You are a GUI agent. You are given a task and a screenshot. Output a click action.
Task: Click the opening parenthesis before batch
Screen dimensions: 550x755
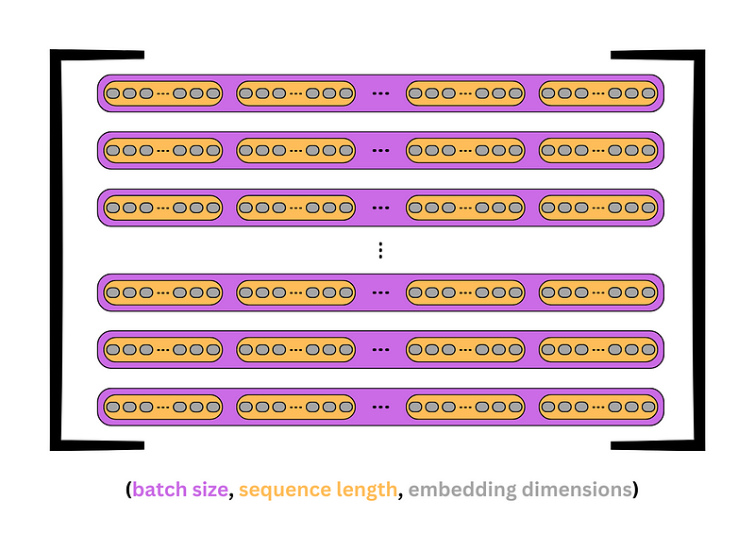pos(128,490)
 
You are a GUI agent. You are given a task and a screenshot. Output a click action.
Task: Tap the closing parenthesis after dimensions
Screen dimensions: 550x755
pos(635,490)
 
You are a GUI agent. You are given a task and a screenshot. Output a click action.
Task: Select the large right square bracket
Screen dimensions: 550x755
pos(698,249)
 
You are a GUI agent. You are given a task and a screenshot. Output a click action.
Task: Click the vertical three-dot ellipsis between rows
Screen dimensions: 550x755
pos(380,250)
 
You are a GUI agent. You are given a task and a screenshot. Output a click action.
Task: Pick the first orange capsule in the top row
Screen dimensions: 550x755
pos(162,93)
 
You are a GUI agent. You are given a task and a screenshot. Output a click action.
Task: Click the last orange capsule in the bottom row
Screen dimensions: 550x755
pos(598,408)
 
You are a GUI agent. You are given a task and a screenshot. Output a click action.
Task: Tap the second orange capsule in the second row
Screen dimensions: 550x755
pos(295,150)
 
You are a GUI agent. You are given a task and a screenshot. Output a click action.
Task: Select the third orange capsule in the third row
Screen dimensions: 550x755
pos(464,208)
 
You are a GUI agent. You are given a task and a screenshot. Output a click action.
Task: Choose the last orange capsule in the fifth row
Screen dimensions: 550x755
pos(598,350)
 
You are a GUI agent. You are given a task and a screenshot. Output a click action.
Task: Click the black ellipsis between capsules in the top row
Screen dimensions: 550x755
pos(380,93)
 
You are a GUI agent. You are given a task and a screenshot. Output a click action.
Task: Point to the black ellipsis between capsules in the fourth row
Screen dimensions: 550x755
pos(380,292)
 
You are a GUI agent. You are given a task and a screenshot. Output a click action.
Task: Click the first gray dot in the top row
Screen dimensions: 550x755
pos(112,93)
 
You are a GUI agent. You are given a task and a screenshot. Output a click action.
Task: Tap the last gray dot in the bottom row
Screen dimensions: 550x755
pos(648,408)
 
